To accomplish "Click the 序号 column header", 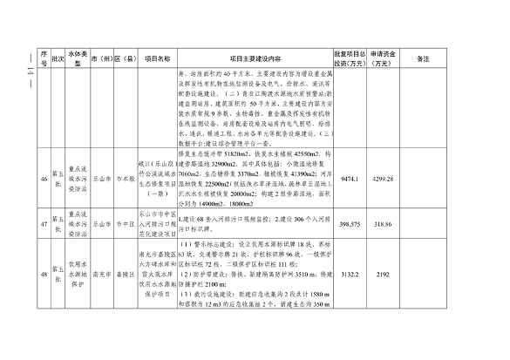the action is point(41,58).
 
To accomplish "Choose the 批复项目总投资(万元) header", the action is point(350,58).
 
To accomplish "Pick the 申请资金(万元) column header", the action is point(384,58).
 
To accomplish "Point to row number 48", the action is point(41,298).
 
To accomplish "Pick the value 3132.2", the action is point(350,298).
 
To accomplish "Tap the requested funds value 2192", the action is point(384,298).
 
